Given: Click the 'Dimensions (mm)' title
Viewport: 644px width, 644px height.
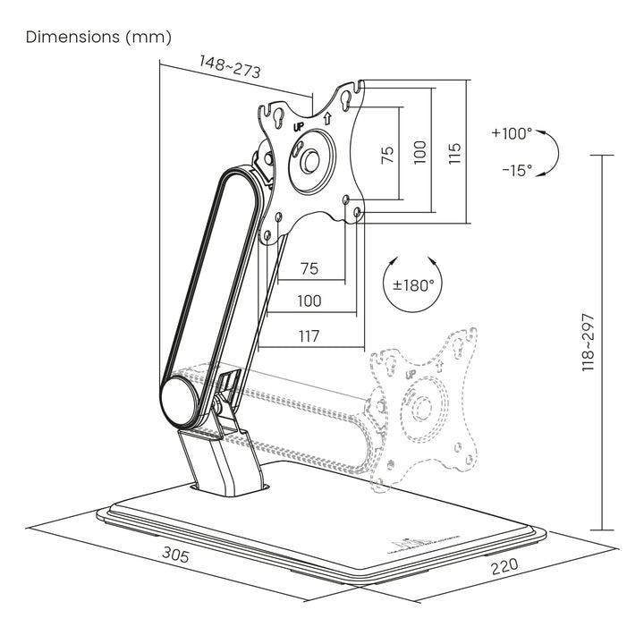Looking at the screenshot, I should click(x=98, y=38).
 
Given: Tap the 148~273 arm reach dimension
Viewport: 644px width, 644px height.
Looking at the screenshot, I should click(x=229, y=69).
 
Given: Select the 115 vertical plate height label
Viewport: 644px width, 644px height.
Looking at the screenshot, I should click(x=454, y=150).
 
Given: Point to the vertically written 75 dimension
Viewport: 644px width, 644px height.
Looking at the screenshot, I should click(x=386, y=154).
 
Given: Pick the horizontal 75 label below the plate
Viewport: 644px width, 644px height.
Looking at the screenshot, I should click(x=309, y=268).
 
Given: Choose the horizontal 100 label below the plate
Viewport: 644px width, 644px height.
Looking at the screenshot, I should click(x=309, y=301).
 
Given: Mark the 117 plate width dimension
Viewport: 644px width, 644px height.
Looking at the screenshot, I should click(x=309, y=335).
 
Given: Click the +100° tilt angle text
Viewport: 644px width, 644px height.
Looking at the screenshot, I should click(x=511, y=133).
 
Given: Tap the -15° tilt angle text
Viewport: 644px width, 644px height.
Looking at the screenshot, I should click(x=516, y=169).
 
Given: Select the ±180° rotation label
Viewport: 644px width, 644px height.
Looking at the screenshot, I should click(x=414, y=285).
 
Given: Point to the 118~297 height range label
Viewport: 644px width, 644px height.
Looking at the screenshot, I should click(x=589, y=343).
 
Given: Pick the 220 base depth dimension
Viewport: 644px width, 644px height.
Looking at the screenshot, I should click(x=504, y=567).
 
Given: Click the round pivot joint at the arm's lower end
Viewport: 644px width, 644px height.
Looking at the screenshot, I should click(x=182, y=400).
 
